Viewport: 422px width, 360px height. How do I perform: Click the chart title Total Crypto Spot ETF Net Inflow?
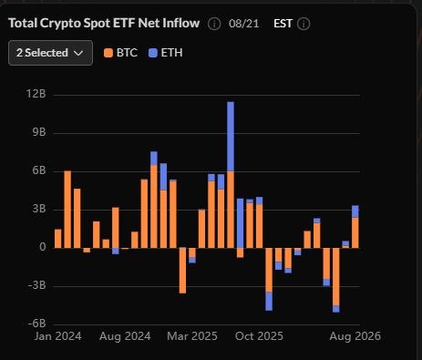pos(104,23)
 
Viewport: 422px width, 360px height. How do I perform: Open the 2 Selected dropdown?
pos(50,53)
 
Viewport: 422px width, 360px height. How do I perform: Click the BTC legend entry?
pos(120,53)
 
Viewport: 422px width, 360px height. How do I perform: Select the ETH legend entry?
pos(166,53)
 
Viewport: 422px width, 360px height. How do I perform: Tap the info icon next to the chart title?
pos(214,24)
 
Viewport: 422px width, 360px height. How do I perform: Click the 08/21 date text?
pos(244,24)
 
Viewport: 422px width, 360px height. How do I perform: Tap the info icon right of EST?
pos(304,24)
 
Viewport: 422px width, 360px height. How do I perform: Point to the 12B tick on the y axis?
pos(36,94)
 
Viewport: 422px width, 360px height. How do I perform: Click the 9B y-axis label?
pos(38,132)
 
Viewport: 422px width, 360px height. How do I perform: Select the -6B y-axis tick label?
pos(36,324)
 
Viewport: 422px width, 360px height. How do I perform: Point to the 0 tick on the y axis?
pos(43,247)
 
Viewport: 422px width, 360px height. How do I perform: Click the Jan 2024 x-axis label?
pos(57,336)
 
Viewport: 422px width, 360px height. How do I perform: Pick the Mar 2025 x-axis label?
pos(192,336)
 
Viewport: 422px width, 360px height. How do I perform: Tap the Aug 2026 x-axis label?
pos(355,336)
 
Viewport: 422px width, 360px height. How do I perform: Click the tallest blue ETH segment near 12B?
pos(231,137)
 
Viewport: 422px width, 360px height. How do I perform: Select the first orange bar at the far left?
pos(57,239)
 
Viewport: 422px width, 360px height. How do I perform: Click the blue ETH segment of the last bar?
pos(355,211)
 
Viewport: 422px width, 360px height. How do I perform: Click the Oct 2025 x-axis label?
pos(259,336)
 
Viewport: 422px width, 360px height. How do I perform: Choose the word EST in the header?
pos(283,24)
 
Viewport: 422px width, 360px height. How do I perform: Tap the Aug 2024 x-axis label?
pos(125,336)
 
